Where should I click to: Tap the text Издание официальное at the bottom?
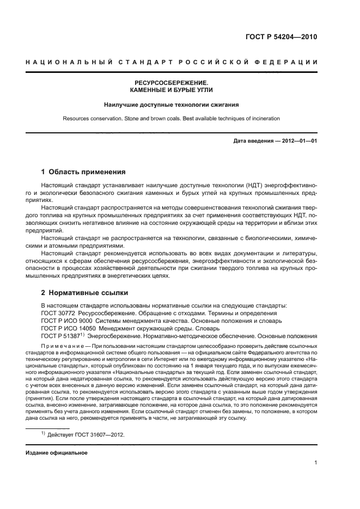tap(57, 452)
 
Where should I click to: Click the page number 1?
tap(316, 463)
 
